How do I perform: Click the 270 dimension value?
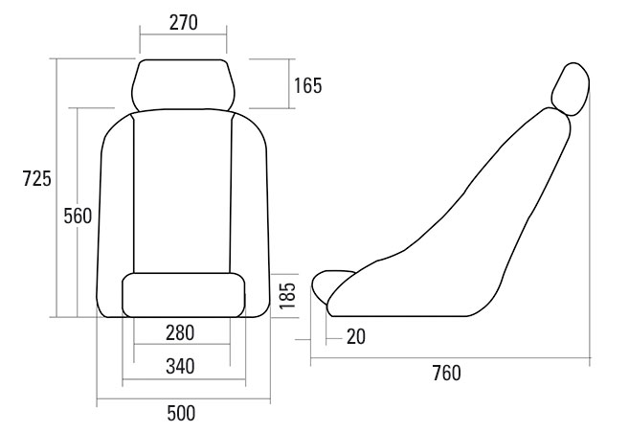[183, 22]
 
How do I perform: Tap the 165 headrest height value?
[307, 85]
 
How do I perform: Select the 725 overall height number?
[37, 178]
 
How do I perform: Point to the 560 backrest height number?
[78, 216]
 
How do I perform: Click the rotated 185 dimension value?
[287, 296]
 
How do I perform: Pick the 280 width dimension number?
[180, 332]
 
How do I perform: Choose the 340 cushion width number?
[180, 366]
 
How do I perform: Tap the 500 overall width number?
[181, 413]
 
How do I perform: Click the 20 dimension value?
[356, 336]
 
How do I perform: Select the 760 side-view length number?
[446, 373]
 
